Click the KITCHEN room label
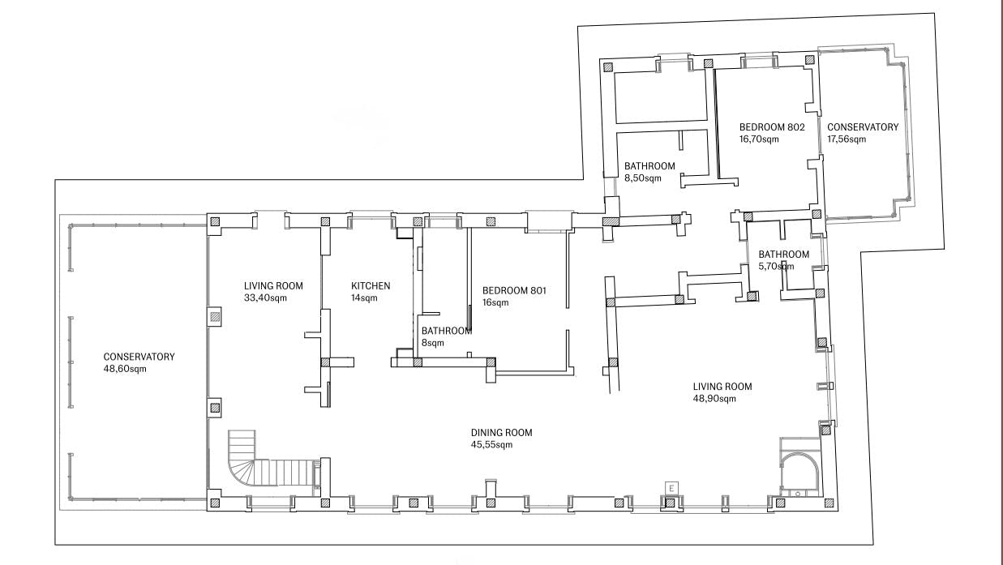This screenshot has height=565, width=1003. pyautogui.click(x=371, y=285)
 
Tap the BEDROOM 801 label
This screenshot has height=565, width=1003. pyautogui.click(x=514, y=290)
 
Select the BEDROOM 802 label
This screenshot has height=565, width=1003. pyautogui.click(x=772, y=127)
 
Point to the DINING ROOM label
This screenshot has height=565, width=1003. pyautogui.click(x=501, y=433)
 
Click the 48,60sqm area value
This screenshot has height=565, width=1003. pyautogui.click(x=125, y=369)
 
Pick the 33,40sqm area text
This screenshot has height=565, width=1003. pyautogui.click(x=265, y=297)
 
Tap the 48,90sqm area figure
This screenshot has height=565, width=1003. pyautogui.click(x=714, y=399)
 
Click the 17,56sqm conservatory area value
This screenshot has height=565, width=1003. pyautogui.click(x=847, y=139)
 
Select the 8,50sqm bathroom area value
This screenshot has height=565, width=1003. pyautogui.click(x=642, y=178)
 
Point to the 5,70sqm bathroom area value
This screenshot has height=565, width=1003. pyautogui.click(x=777, y=267)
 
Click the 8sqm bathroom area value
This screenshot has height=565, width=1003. pyautogui.click(x=432, y=343)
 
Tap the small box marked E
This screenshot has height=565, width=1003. pyautogui.click(x=671, y=489)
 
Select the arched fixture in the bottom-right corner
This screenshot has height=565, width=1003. pyautogui.click(x=800, y=474)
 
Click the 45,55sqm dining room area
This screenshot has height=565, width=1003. pyautogui.click(x=491, y=444)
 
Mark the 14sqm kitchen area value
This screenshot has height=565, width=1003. pyautogui.click(x=364, y=297)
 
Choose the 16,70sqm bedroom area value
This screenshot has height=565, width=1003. pyautogui.click(x=759, y=139)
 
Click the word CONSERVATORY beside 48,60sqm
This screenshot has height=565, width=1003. pyautogui.click(x=139, y=357)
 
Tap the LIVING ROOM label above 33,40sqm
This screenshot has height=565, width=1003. pyautogui.click(x=273, y=285)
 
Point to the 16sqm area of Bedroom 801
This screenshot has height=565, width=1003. pyautogui.click(x=495, y=302)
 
